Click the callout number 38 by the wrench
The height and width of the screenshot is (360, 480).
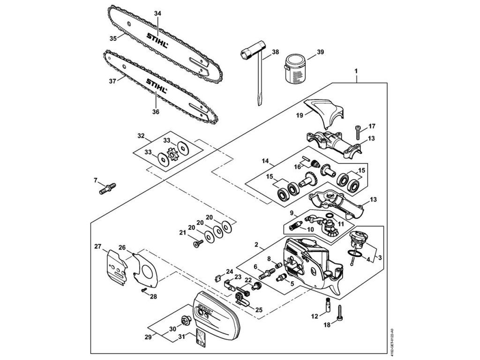[275, 52]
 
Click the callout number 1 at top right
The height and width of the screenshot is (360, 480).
[356, 71]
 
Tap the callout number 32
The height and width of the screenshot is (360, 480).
[141, 136]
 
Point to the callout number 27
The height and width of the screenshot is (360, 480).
[97, 246]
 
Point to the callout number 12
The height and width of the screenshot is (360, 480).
[315, 316]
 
